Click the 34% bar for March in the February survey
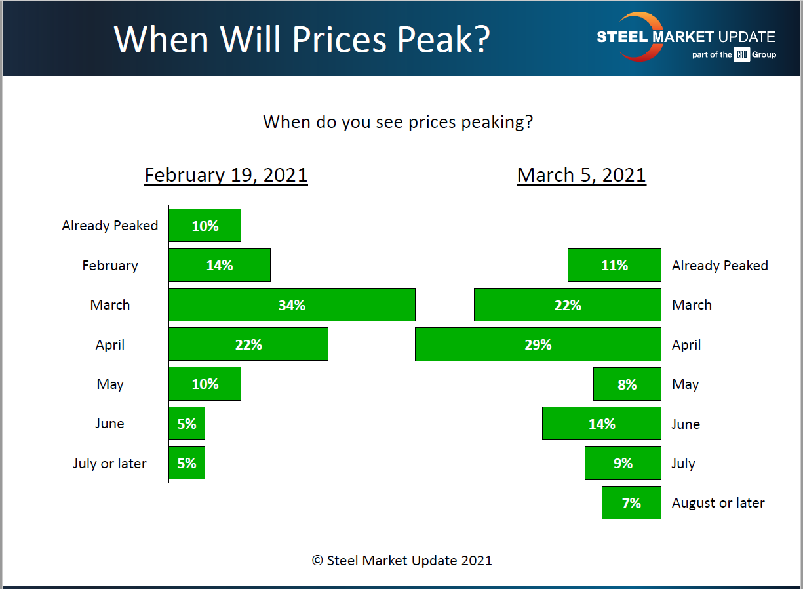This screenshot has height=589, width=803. click(x=292, y=305)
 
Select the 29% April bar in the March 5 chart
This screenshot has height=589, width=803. click(x=538, y=345)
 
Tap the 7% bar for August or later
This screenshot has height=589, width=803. click(x=631, y=503)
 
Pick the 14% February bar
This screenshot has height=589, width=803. click(x=220, y=265)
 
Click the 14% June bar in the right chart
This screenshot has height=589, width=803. click(x=601, y=424)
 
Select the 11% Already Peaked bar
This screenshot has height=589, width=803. click(x=614, y=265)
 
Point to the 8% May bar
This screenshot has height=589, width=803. click(x=627, y=384)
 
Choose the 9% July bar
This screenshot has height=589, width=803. click(x=623, y=464)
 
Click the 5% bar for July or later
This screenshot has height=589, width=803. click(x=187, y=463)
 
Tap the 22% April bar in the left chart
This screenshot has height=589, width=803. click(x=248, y=344)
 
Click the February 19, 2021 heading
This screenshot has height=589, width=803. click(x=225, y=175)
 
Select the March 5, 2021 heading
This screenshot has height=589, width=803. click(x=581, y=175)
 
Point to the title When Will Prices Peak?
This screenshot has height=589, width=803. click(x=302, y=39)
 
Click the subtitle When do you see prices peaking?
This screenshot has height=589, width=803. click(x=398, y=122)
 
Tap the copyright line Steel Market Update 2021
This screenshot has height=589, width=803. click(x=401, y=560)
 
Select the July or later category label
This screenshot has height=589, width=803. click(x=109, y=464)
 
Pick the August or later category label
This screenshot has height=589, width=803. click(x=718, y=503)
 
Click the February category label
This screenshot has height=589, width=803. click(x=110, y=266)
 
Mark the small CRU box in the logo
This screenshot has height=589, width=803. click(x=741, y=55)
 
